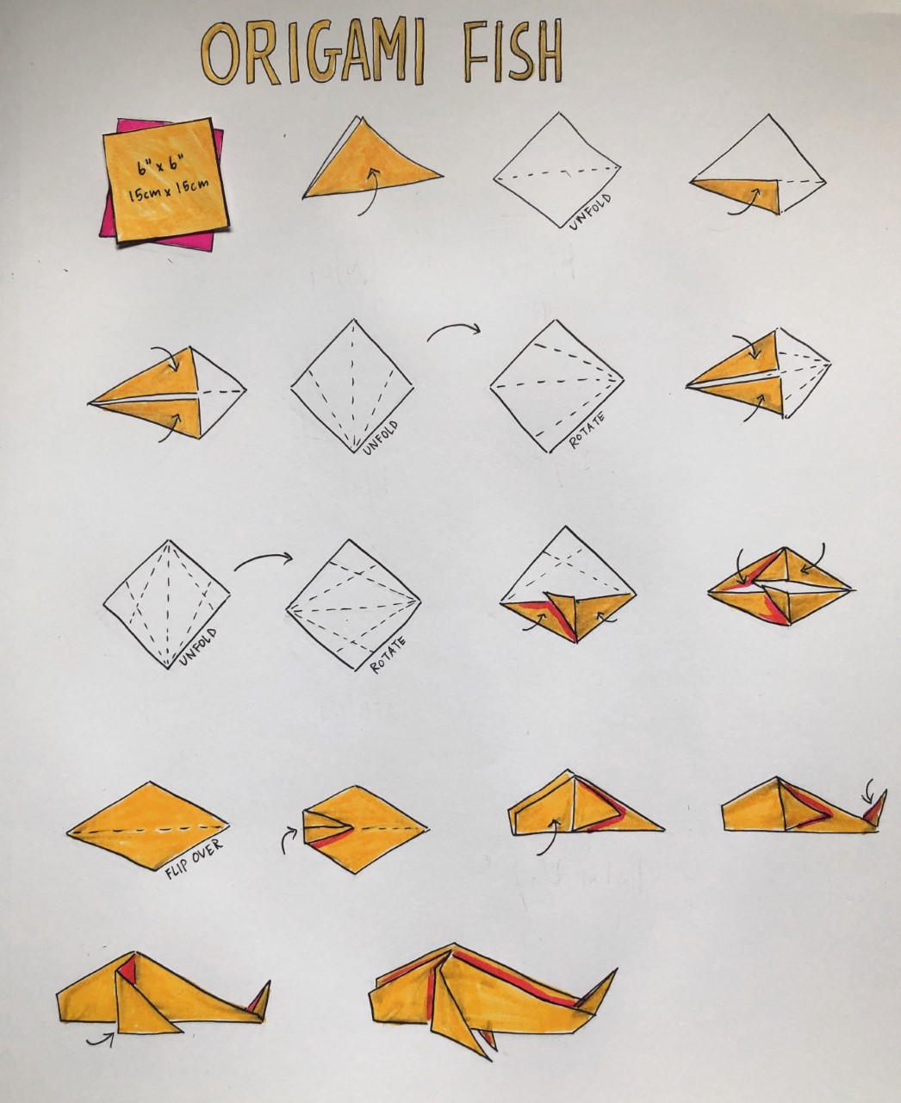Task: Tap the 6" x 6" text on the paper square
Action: point(156,167)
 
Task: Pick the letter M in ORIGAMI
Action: point(387,53)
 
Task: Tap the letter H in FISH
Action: point(544,53)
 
